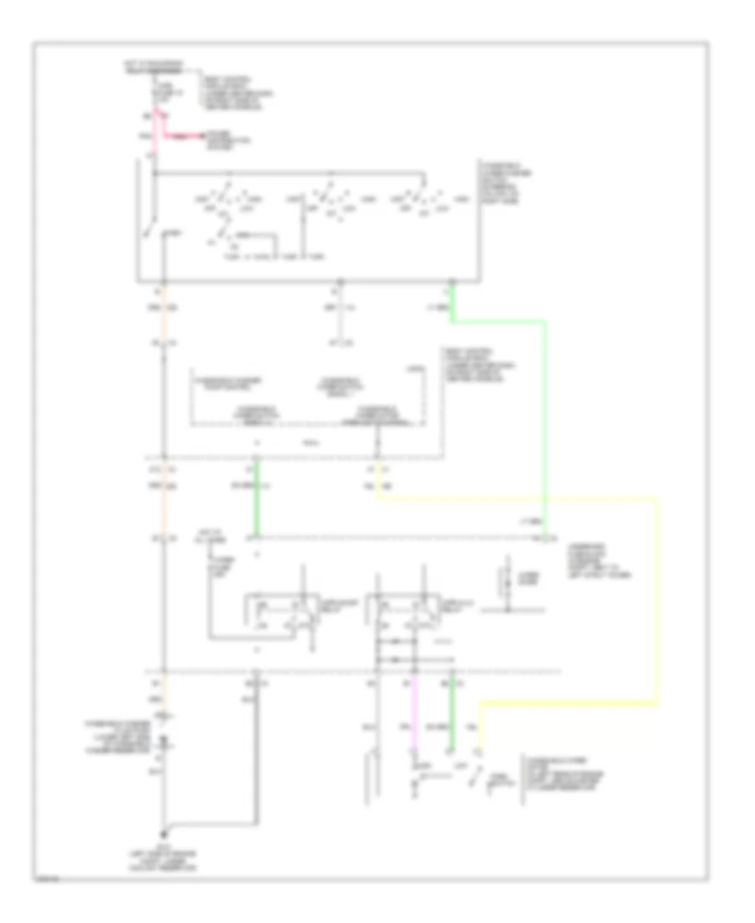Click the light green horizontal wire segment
[498, 320]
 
